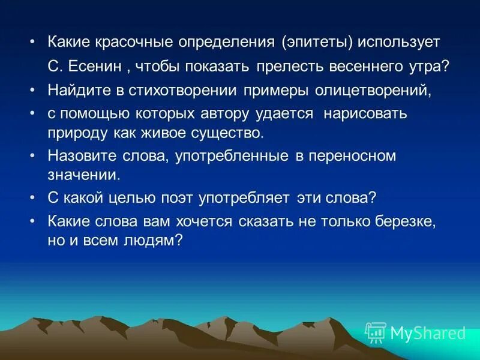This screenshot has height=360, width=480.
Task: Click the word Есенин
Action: click(x=95, y=66)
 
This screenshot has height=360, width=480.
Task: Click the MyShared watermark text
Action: click(x=428, y=333)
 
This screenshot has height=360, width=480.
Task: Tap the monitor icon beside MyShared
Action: click(x=376, y=332)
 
